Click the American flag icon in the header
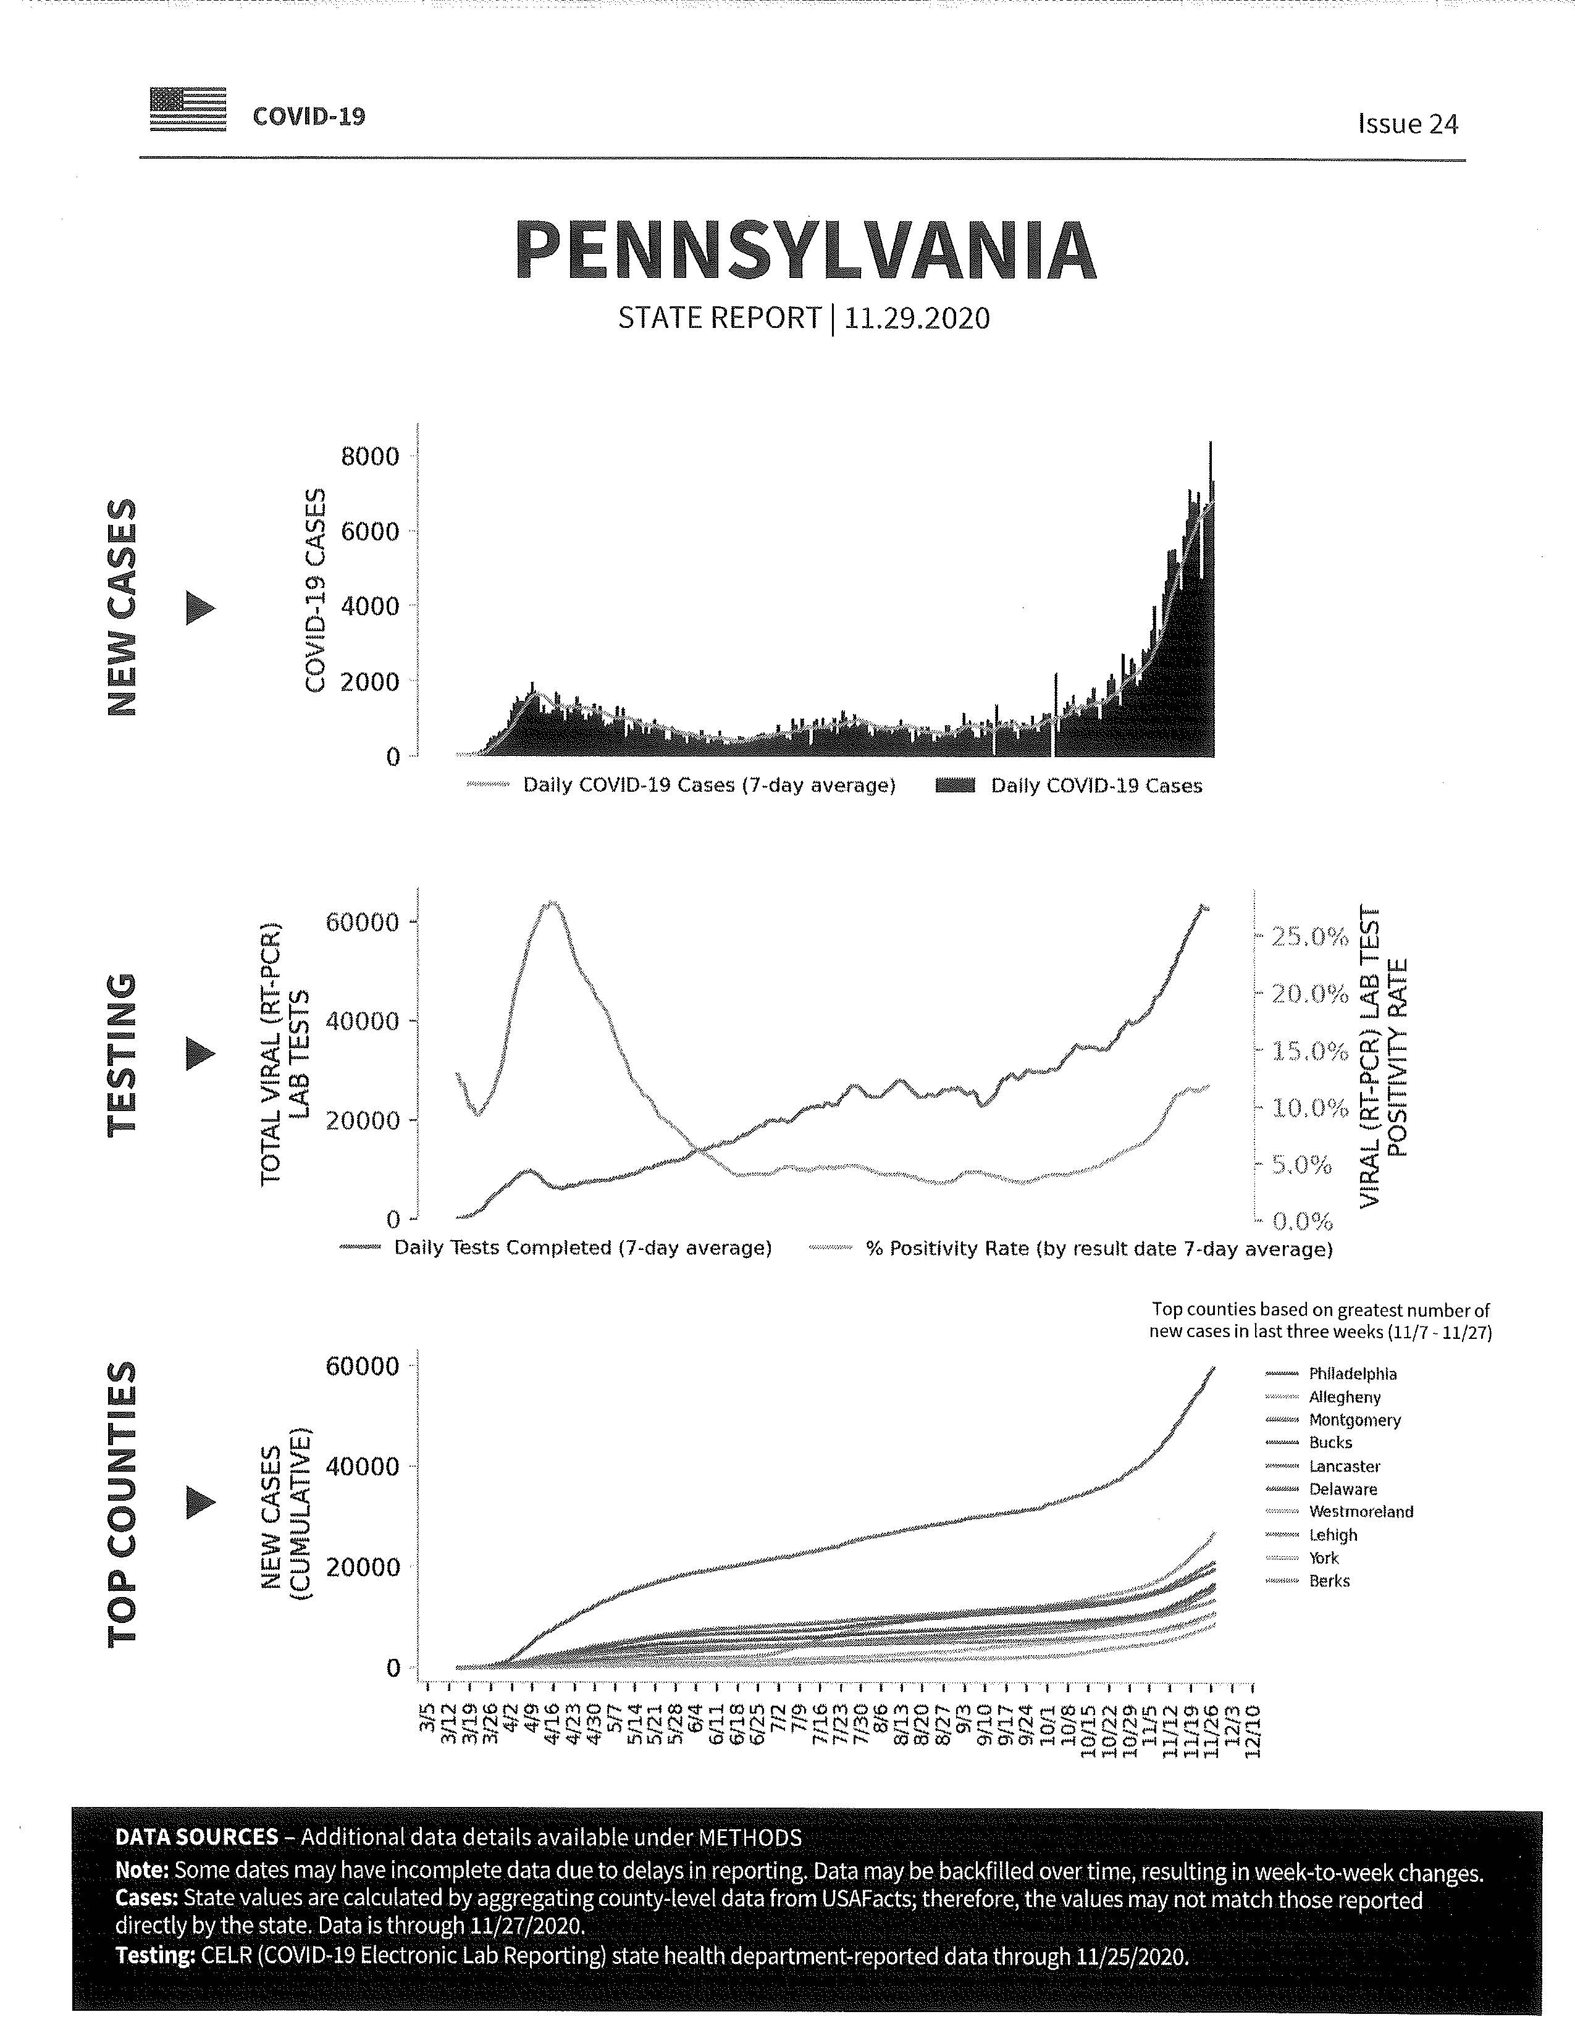(x=188, y=109)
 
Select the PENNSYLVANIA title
(x=805, y=250)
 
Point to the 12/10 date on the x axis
(x=1252, y=1730)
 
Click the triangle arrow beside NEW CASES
(x=201, y=608)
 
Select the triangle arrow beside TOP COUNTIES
(x=201, y=1501)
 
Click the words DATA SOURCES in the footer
(x=197, y=1837)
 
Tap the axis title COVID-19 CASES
(x=317, y=590)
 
